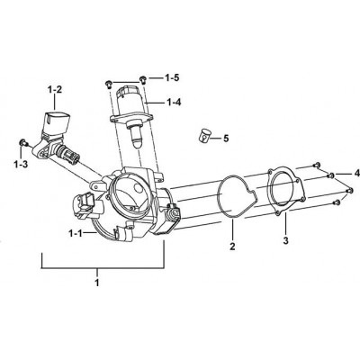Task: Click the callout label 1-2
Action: point(55,90)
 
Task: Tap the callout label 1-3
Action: point(21,164)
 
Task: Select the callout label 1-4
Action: point(174,103)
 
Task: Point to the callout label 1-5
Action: point(172,78)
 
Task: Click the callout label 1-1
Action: point(76,233)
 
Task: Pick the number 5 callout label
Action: point(226,139)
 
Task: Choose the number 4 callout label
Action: point(356,173)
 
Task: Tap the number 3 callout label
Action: point(285,240)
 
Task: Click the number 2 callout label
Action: point(232,247)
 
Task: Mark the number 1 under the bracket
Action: point(97,283)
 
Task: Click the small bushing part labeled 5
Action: point(204,136)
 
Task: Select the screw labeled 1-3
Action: point(22,142)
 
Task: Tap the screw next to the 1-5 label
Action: point(143,79)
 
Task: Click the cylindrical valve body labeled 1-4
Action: point(128,102)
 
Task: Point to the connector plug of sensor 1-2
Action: point(55,121)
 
